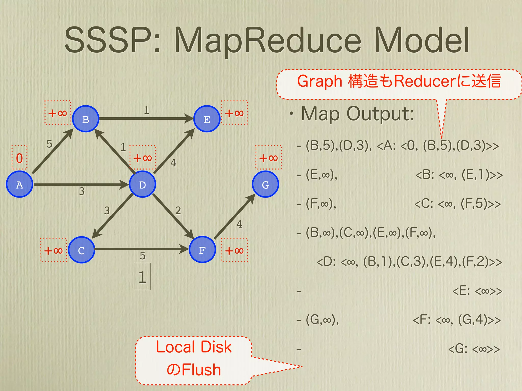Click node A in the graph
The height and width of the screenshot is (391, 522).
point(19,184)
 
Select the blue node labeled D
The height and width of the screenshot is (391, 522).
point(142,184)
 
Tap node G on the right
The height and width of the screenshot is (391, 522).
point(265,184)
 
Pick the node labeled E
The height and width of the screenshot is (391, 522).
point(207,119)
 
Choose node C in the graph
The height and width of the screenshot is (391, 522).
point(81,250)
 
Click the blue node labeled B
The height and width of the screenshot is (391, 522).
point(86,119)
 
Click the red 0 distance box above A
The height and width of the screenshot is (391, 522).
point(19,158)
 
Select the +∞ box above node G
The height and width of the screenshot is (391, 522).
point(269,158)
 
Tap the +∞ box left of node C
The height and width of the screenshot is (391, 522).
point(54,250)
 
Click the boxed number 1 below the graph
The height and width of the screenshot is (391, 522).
point(142,277)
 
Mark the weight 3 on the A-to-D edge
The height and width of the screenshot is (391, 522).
point(82,191)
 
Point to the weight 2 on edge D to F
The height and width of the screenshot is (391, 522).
point(178,211)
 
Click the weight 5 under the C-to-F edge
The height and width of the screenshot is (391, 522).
point(142,256)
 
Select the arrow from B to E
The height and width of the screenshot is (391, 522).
point(145,118)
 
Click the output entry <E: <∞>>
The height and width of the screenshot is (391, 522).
point(477,291)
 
